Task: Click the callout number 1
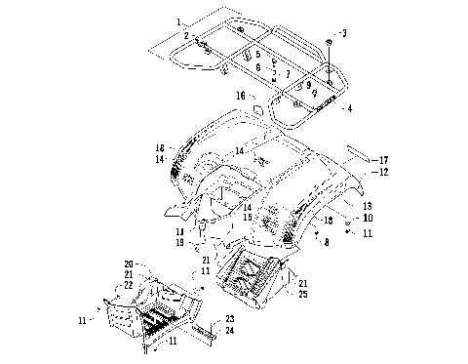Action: coord(179,21)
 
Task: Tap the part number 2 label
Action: coord(184,36)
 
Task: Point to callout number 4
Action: coord(349,107)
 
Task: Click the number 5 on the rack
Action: coord(257,54)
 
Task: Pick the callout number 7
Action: coord(288,74)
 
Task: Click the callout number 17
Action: coord(385,159)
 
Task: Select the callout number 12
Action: coord(384,172)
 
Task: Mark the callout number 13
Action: coord(368,207)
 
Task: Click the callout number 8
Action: coord(326,241)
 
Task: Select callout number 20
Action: coord(128,264)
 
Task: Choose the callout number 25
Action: coord(304,294)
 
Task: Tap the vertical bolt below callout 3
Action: coord(331,62)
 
